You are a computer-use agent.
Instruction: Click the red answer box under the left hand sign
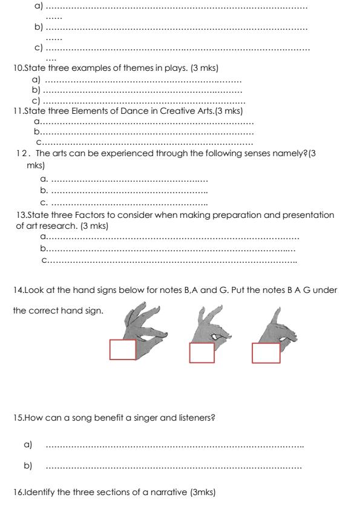point(123,350)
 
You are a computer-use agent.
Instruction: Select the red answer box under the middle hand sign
point(201,353)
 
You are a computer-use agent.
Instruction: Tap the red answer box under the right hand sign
point(266,353)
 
